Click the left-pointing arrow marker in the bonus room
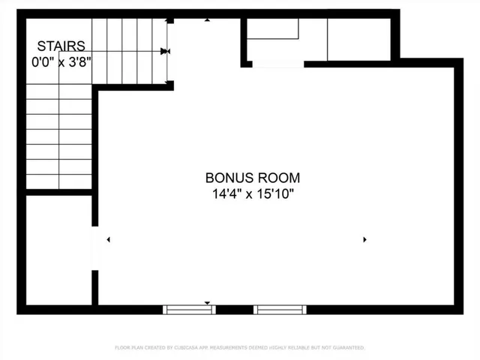point(109,239)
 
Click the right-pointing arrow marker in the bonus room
point(364,239)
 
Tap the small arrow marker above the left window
point(208,302)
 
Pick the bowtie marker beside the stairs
point(166,51)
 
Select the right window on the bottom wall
point(280,309)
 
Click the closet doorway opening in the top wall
point(277,65)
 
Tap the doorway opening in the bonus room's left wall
point(95,247)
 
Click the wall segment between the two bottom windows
point(234,309)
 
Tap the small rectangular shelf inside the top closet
point(273,29)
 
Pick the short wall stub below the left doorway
point(95,287)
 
